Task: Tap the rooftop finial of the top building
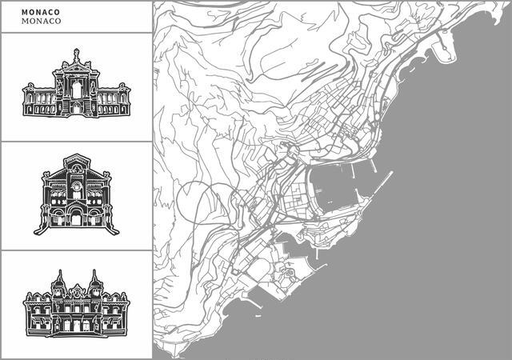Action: (76, 52)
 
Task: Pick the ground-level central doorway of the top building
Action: (76, 109)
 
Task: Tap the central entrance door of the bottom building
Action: (76, 326)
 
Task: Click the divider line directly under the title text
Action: (75, 33)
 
